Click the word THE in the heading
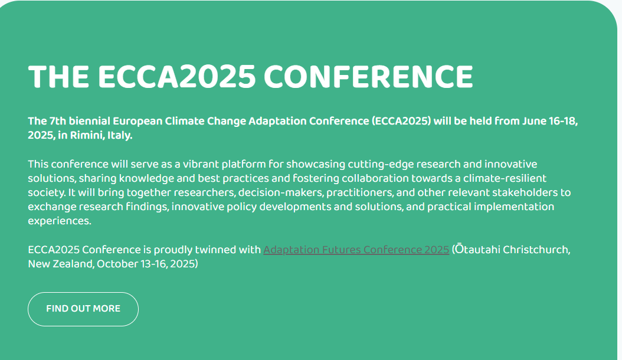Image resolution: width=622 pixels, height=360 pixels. point(58,76)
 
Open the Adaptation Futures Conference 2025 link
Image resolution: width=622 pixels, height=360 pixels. point(356,250)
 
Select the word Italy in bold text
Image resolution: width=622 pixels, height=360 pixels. point(120,136)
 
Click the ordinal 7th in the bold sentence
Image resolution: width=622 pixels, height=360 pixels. point(58,121)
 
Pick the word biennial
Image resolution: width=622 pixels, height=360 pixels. point(90,121)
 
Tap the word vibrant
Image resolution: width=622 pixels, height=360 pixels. point(201,164)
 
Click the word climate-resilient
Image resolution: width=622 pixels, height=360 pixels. point(505,178)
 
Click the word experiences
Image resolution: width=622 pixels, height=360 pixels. point(60,221)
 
